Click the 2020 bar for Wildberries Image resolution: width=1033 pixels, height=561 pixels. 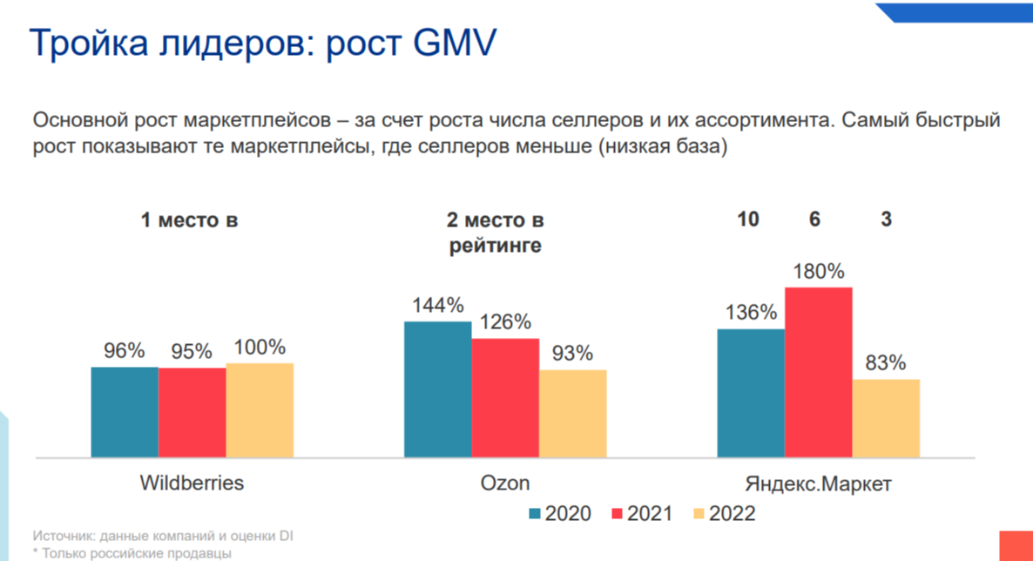[125, 411]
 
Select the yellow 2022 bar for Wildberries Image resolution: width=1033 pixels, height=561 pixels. [260, 409]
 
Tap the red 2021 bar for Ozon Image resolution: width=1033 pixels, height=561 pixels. [505, 397]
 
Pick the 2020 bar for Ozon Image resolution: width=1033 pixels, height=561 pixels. [437, 389]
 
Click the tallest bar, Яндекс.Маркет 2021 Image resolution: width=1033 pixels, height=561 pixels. [818, 371]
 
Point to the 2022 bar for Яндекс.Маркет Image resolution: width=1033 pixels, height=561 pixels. [886, 417]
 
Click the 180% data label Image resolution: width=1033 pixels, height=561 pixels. [818, 272]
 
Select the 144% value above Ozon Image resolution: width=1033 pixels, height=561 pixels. [437, 306]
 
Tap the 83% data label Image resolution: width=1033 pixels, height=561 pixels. [886, 363]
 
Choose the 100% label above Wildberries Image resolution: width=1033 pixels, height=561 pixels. [260, 348]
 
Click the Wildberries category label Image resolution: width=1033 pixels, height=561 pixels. [192, 483]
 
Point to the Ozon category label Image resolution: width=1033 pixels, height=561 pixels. [505, 483]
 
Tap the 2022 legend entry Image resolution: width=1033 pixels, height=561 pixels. [724, 513]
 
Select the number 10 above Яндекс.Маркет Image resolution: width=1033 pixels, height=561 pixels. [748, 220]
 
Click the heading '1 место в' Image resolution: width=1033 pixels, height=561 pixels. [189, 220]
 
